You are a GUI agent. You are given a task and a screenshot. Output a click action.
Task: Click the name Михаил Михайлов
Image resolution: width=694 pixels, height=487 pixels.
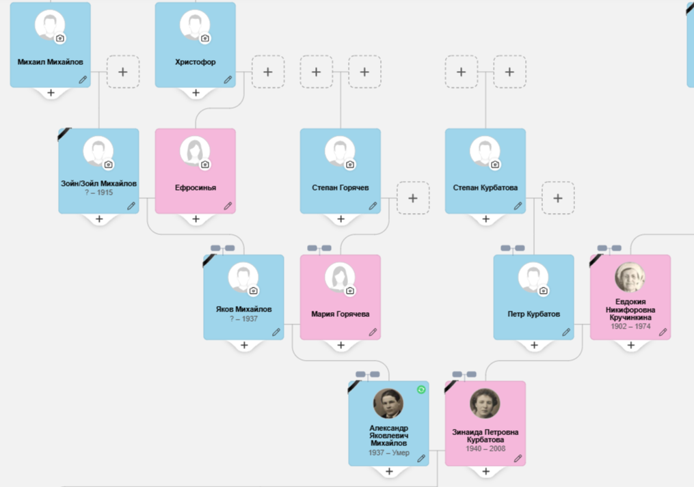coord(51,62)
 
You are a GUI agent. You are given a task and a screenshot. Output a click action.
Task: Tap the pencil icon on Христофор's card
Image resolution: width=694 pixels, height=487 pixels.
coord(228,80)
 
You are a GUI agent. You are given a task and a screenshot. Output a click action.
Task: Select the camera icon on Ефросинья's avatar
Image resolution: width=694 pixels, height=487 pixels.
coord(205,165)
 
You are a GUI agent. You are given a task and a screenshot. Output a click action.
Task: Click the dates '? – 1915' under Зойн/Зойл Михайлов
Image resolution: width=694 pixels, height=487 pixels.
coord(99,193)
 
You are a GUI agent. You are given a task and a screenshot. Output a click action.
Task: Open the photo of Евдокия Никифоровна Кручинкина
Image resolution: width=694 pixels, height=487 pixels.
coord(630,277)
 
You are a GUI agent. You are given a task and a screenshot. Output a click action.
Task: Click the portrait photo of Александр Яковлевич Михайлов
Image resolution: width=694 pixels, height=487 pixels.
coord(388,404)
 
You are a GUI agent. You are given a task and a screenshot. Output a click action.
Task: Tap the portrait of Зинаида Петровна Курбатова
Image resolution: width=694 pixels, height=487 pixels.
coord(485,404)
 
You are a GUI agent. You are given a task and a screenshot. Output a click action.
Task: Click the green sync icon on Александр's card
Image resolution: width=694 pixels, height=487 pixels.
coord(421,389)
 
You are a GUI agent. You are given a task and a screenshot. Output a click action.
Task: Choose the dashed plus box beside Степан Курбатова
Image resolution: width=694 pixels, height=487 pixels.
coord(558,198)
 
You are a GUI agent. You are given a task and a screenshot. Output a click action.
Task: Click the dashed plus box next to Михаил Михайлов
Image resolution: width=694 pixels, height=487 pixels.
coord(123,72)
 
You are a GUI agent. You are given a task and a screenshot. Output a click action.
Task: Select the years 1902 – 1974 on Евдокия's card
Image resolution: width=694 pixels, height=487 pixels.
coord(630,326)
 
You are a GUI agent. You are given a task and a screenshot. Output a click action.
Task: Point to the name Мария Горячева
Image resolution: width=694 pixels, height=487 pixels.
coord(341,314)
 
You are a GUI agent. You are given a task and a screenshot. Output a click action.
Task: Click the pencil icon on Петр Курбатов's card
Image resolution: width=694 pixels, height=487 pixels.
coord(566,333)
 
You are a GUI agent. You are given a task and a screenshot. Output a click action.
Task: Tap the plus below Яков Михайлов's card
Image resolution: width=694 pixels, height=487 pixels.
coord(244,346)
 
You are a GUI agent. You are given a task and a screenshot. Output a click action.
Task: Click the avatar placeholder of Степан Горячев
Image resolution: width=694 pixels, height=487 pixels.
coord(340,152)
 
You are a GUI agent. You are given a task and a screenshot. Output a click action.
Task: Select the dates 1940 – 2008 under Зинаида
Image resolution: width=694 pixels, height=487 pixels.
coord(485,449)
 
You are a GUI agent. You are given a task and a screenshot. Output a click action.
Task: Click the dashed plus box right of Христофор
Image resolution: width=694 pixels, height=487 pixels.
coord(268,72)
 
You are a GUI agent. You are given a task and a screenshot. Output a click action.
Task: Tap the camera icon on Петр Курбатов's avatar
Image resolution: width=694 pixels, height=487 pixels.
coord(544,291)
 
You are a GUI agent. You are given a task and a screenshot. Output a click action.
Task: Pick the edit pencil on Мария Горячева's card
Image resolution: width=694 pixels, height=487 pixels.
coord(373,333)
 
